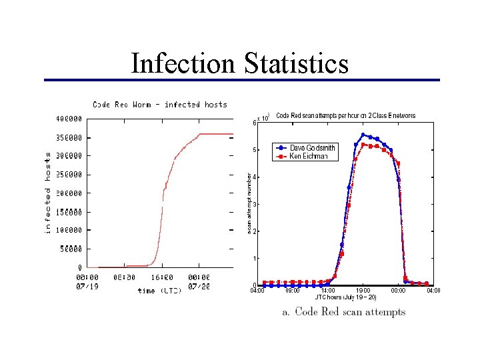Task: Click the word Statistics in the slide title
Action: [295, 64]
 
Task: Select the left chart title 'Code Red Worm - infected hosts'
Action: [159, 105]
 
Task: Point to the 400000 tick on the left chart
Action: [69, 119]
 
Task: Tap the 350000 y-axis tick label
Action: [69, 138]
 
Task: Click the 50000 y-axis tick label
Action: [71, 249]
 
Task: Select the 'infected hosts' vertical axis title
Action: [48, 191]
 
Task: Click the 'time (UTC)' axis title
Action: [159, 291]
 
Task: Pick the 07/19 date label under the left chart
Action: [87, 286]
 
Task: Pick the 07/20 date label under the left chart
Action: [199, 286]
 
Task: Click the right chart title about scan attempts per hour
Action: [345, 115]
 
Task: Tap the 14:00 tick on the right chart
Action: [328, 291]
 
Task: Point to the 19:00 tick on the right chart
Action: [363, 291]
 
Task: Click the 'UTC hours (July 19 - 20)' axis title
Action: [346, 297]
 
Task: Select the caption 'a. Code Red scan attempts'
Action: [344, 312]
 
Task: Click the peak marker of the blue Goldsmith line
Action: [363, 135]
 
